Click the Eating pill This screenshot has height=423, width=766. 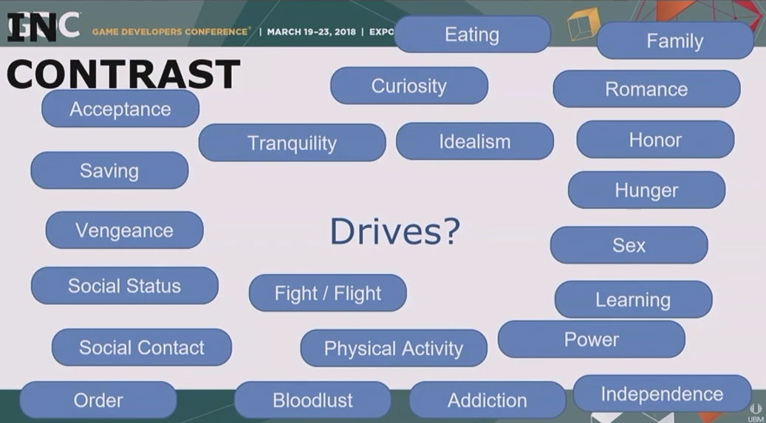473,34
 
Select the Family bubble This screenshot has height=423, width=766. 674,41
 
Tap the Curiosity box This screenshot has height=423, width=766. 409,86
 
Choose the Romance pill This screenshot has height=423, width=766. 646,89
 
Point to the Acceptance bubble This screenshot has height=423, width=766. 120,109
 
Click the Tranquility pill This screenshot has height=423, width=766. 292,142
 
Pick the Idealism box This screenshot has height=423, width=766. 474,141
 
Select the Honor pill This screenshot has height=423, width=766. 655,140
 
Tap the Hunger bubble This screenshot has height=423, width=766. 646,190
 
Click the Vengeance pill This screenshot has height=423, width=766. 124,230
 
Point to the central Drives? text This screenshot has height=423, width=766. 395,231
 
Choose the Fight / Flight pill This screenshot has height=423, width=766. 327,293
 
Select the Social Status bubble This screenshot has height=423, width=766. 125,286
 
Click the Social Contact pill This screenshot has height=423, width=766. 142,347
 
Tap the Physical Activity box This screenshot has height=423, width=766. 393,348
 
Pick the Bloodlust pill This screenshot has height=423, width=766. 312,400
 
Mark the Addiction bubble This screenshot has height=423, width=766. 487,400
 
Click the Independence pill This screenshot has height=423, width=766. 662,393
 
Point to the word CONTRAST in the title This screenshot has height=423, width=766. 123,75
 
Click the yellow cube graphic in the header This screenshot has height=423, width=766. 584,24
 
